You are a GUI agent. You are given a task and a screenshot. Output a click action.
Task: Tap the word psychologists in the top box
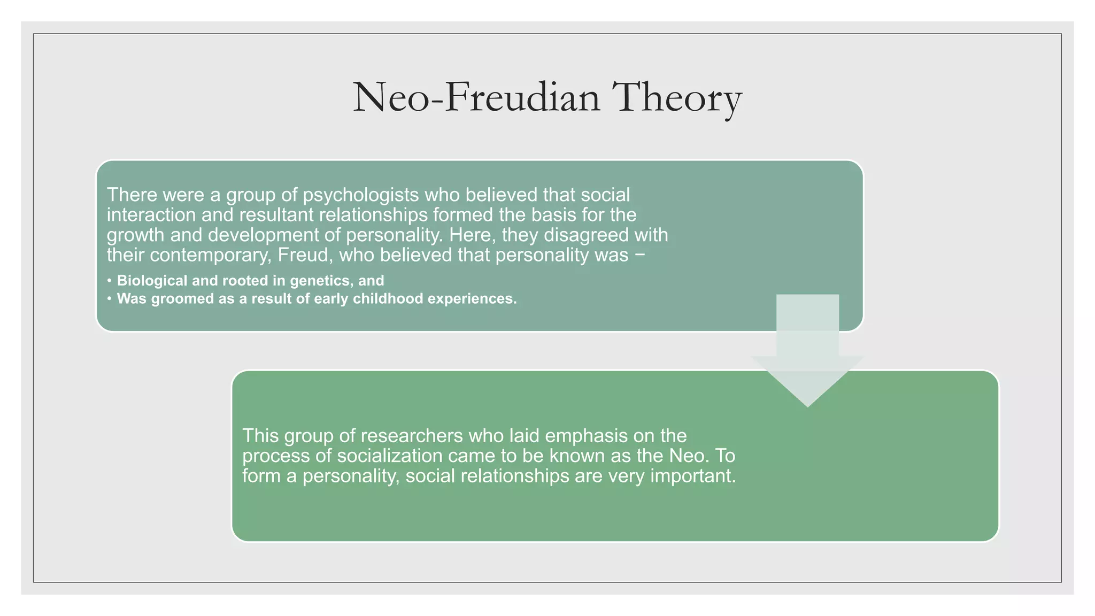coord(361,195)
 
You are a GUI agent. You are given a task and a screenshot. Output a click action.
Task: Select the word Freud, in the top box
coord(306,255)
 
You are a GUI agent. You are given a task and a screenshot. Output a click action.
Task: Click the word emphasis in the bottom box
coord(587,436)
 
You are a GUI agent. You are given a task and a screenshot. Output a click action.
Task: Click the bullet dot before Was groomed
coord(109,298)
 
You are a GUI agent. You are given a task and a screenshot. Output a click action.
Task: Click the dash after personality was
coord(640,256)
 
